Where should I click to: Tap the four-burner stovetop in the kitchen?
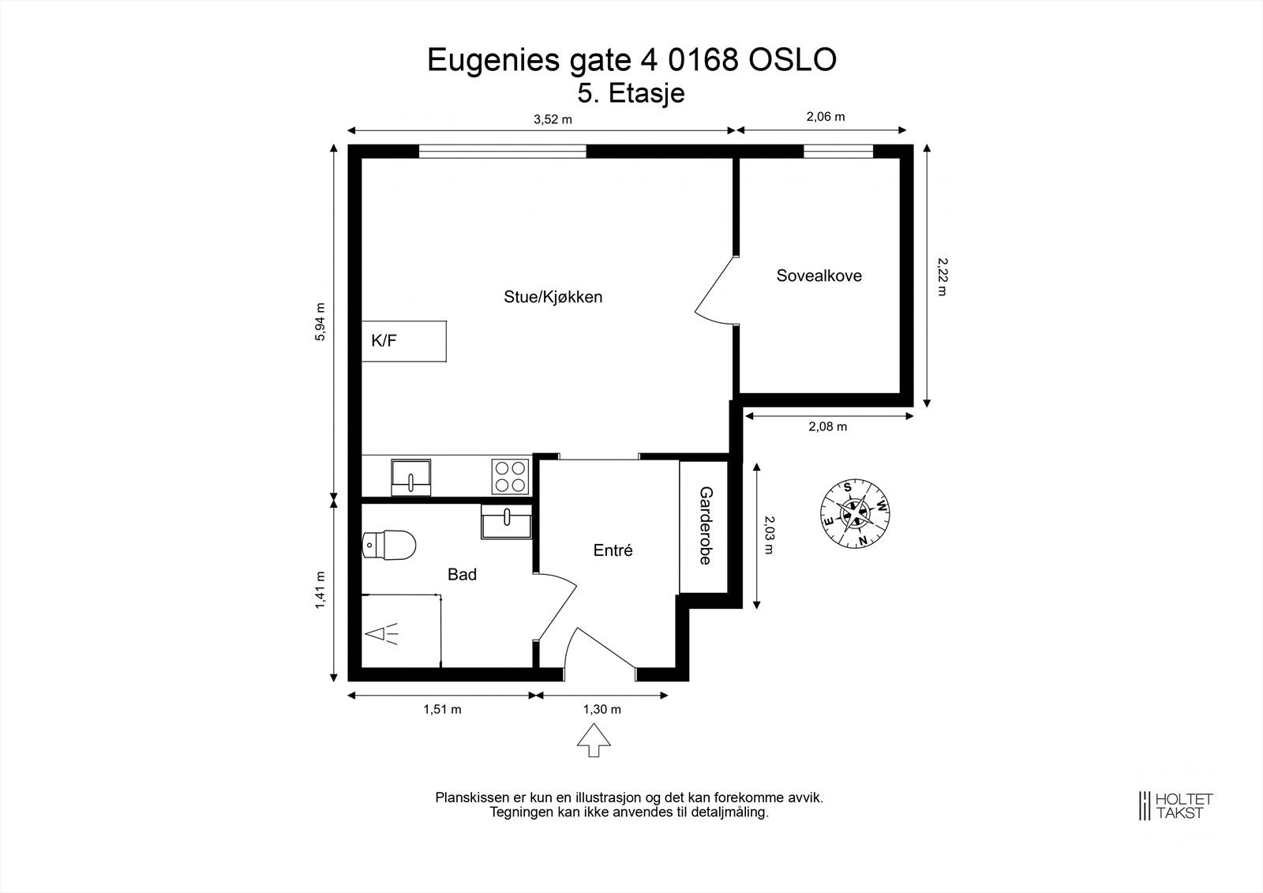tap(509, 476)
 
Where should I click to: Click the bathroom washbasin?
tap(506, 523)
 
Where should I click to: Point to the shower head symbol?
tap(381, 633)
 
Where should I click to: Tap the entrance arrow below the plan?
tap(594, 742)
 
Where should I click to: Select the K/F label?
tap(384, 341)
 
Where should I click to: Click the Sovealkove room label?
tap(819, 276)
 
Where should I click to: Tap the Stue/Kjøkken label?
tap(553, 297)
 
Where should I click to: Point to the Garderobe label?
tap(705, 525)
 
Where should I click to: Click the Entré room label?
tap(613, 550)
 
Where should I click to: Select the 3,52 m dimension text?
tap(553, 119)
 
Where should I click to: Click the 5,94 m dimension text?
tap(320, 322)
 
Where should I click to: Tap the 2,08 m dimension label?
tap(827, 426)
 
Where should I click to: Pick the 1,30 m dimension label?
tap(602, 709)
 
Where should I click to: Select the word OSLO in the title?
tap(792, 60)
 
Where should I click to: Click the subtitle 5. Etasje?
tap(631, 93)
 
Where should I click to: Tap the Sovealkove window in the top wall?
tap(838, 151)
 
